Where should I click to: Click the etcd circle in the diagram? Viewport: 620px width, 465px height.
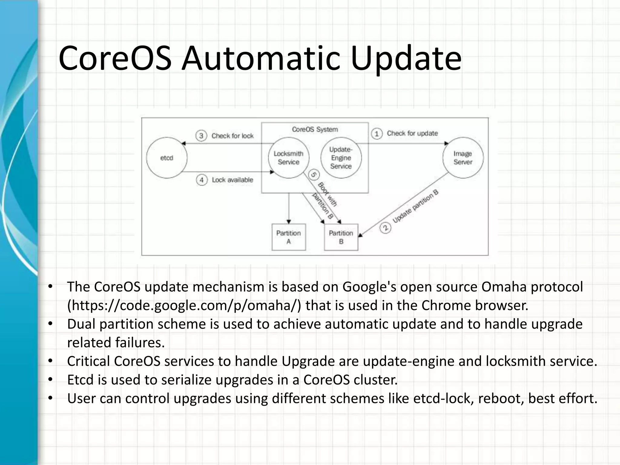(x=167, y=158)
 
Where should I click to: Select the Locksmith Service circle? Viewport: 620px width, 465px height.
(x=289, y=158)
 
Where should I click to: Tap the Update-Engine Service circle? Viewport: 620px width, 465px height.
(x=341, y=158)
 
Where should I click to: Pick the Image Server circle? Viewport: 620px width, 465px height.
(x=463, y=158)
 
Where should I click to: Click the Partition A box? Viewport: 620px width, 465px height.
(x=289, y=237)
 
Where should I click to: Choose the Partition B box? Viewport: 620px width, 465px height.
(x=341, y=237)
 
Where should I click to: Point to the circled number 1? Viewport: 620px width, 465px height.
(x=377, y=134)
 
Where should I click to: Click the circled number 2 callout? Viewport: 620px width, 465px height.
(x=385, y=228)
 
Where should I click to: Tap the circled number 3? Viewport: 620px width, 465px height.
(x=201, y=136)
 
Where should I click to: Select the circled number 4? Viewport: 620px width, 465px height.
(x=202, y=180)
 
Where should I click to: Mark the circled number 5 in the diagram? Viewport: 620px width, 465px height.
(x=314, y=175)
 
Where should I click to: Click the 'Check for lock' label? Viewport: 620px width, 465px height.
(x=232, y=136)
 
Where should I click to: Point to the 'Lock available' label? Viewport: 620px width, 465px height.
(x=232, y=180)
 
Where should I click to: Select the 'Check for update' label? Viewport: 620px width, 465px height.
(x=412, y=134)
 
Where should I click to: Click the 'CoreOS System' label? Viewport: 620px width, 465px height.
(x=315, y=130)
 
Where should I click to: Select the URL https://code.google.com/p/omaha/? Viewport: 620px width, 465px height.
(x=184, y=305)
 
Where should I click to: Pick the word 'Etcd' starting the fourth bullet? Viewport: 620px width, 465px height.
(x=80, y=380)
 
